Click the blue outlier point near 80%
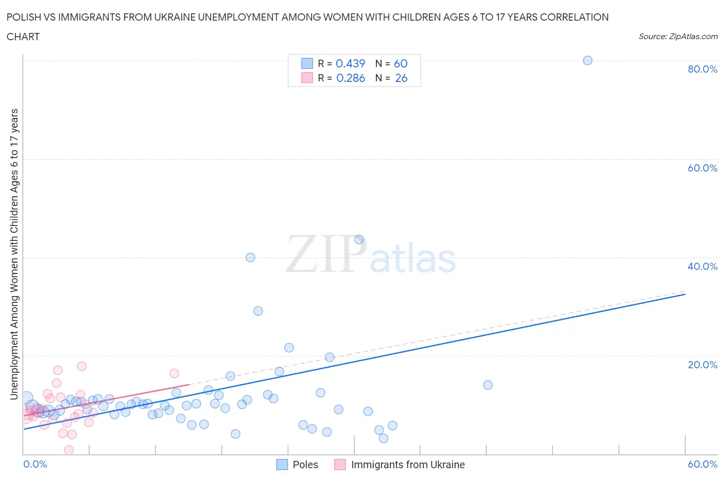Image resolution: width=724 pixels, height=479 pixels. pyautogui.click(x=587, y=60)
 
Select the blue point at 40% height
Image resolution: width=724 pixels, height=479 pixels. pyautogui.click(x=250, y=258)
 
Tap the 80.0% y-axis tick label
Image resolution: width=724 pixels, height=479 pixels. pyautogui.click(x=702, y=69)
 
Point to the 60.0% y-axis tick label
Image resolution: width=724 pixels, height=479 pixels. pyautogui.click(x=702, y=168)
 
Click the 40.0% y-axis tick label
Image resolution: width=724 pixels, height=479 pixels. pyautogui.click(x=702, y=266)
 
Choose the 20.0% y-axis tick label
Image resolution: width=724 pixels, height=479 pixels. pyautogui.click(x=702, y=365)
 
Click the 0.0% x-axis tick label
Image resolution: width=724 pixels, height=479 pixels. pyautogui.click(x=35, y=464)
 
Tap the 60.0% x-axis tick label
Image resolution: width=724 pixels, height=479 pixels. pyautogui.click(x=702, y=464)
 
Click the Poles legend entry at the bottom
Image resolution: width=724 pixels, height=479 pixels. pyautogui.click(x=305, y=465)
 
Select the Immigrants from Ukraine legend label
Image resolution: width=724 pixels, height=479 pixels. pyautogui.click(x=407, y=465)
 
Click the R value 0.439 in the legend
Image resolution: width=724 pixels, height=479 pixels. pyautogui.click(x=350, y=63)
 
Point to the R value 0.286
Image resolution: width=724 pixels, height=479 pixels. pyautogui.click(x=350, y=78)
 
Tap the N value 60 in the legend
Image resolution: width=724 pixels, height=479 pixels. pyautogui.click(x=401, y=63)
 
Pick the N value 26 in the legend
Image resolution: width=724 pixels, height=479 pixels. pyautogui.click(x=401, y=78)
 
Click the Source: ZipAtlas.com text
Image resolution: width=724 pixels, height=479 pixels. pyautogui.click(x=678, y=36)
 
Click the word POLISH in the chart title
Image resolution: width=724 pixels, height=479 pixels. pyautogui.click(x=24, y=17)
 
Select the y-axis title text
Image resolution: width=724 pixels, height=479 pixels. pyautogui.click(x=14, y=254)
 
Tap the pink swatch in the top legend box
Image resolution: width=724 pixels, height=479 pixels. pyautogui.click(x=307, y=78)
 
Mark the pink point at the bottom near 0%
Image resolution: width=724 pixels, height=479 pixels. pyautogui.click(x=68, y=450)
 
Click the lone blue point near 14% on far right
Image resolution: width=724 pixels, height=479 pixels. pyautogui.click(x=488, y=385)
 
